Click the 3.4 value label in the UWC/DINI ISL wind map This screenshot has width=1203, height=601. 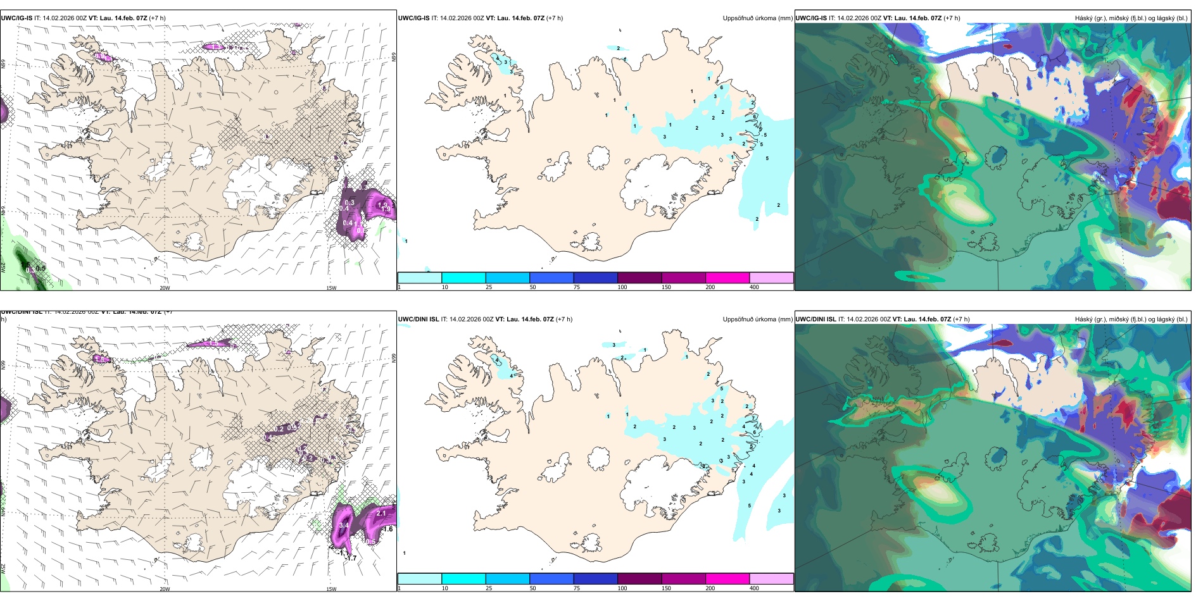(344, 525)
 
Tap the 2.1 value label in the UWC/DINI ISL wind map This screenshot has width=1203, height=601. (381, 513)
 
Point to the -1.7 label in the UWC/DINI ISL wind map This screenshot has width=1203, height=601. (351, 558)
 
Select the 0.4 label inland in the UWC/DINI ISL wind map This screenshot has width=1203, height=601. (268, 437)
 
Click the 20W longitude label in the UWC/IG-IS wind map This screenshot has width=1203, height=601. (165, 288)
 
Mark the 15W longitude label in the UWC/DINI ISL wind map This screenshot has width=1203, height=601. (331, 589)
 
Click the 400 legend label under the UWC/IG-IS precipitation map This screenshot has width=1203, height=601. (754, 287)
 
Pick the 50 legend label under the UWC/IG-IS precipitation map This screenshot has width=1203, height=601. (532, 287)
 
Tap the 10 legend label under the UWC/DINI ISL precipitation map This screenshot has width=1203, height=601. (444, 588)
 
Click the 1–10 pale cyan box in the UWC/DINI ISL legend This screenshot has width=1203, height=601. (419, 578)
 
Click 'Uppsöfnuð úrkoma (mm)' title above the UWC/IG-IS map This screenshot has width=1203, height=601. (757, 18)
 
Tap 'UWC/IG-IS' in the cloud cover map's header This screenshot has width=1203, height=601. (811, 18)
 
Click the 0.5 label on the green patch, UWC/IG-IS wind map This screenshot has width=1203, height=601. (41, 268)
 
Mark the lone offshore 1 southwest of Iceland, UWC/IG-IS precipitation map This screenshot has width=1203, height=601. (406, 241)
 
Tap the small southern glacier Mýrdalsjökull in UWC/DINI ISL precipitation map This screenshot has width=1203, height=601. (591, 542)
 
